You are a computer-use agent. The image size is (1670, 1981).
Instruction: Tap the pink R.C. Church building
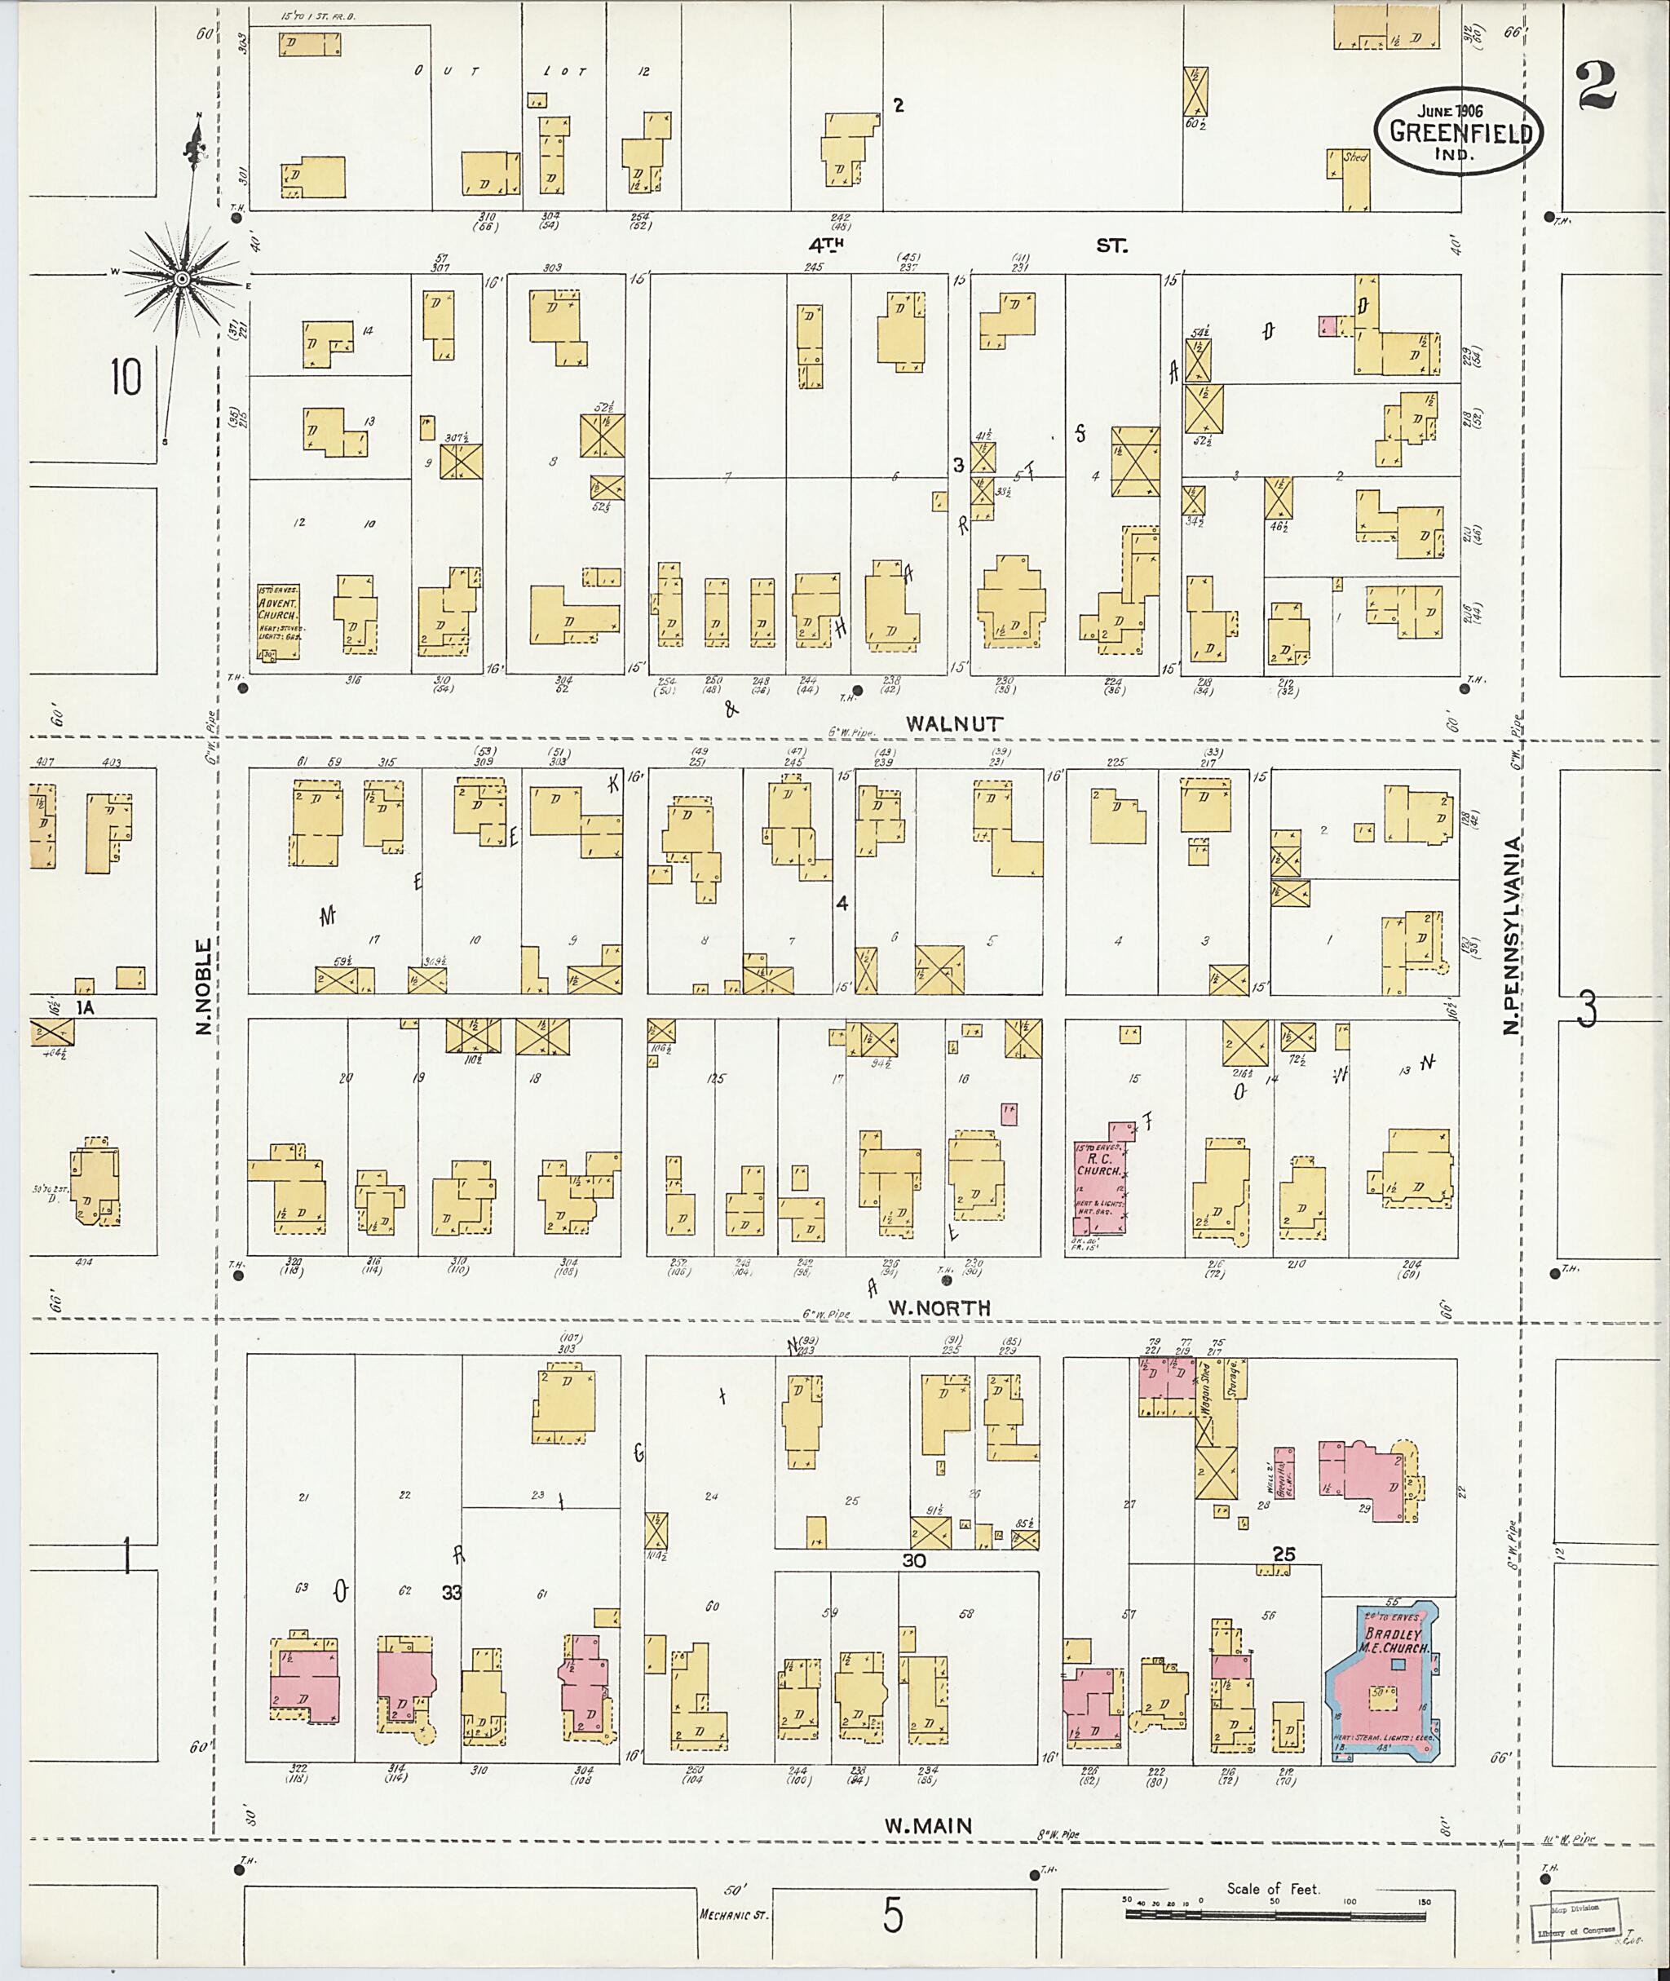1098,1179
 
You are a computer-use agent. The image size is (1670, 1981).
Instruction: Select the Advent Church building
277,621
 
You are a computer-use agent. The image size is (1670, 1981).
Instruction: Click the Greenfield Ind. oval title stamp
1459,134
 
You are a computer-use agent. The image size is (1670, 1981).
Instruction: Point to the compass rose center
182,277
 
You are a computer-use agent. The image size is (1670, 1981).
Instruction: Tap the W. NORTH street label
939,1307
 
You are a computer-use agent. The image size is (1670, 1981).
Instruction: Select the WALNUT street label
953,723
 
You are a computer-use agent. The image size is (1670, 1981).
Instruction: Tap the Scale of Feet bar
1275,1915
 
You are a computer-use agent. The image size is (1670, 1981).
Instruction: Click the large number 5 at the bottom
892,1917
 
